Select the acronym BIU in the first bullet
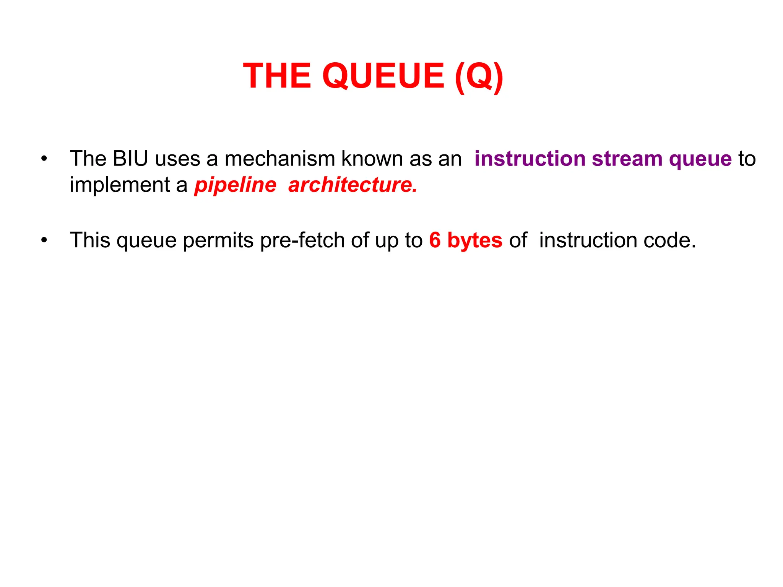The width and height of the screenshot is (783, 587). click(130, 159)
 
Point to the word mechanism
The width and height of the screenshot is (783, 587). click(279, 159)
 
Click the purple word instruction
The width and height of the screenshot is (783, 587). click(530, 159)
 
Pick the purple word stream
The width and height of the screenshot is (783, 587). click(627, 159)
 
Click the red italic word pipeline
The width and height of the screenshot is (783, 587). click(235, 186)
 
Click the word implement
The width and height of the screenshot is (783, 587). click(120, 186)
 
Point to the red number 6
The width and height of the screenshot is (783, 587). click(435, 240)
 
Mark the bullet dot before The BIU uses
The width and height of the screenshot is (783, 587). click(44, 159)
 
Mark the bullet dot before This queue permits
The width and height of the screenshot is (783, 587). click(44, 240)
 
